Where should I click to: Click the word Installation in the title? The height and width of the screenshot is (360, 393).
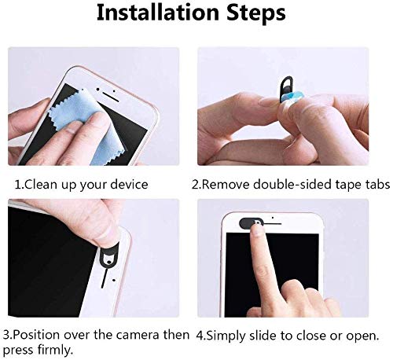[x=158, y=13]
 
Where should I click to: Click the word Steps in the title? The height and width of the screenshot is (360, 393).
[x=256, y=13]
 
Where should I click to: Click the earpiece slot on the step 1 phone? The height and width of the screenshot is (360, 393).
[x=110, y=97]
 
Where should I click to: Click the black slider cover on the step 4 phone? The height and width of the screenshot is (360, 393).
[x=249, y=223]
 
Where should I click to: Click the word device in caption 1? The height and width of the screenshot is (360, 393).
[x=129, y=185]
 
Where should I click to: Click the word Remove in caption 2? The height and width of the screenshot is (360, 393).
[x=226, y=185]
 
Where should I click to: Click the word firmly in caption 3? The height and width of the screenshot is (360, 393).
[x=54, y=350]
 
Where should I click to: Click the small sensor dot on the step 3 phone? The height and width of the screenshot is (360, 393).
[x=114, y=281]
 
